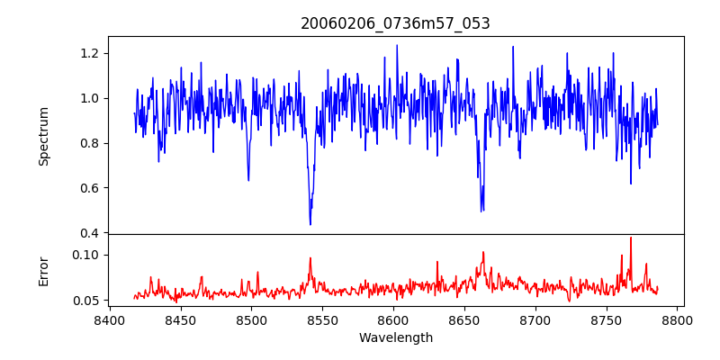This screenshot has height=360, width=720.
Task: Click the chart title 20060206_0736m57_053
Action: (395, 23)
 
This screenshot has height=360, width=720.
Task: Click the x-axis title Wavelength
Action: (395, 337)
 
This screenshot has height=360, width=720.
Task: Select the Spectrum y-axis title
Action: (43, 136)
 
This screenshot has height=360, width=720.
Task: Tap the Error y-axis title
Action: (43, 271)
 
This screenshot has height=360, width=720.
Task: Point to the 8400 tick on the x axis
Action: (109, 319)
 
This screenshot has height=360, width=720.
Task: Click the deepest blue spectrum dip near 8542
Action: (310, 224)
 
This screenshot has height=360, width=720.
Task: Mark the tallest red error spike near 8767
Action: (631, 238)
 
